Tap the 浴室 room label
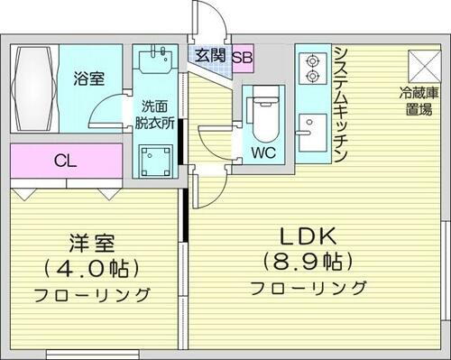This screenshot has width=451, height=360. tap(88, 78)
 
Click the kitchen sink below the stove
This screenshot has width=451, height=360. tap(313, 126)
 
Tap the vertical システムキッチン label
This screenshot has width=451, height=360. tap(341, 105)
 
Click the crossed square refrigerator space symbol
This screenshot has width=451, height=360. tap(421, 64)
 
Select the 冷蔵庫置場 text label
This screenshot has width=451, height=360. tap(419, 101)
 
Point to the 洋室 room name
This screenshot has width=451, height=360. tap(92, 244)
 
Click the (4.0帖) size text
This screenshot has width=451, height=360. tap(92, 269)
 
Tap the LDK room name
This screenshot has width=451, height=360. tap(307, 236)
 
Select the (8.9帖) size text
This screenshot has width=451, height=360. tap(307, 263)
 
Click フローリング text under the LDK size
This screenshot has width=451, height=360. tap(308, 289)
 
